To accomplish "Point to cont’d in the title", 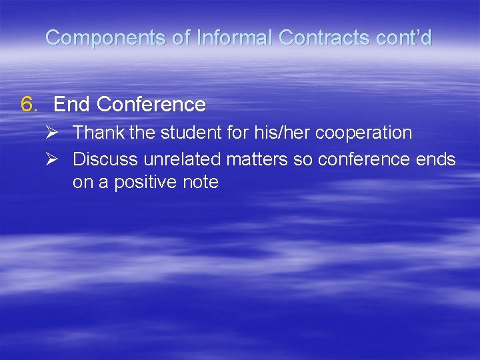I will pos(403,38).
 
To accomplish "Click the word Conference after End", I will pos(151,105).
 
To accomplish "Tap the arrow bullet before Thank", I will pos(58,133).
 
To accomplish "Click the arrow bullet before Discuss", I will pos(58,160).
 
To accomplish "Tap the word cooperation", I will pos(363,133).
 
